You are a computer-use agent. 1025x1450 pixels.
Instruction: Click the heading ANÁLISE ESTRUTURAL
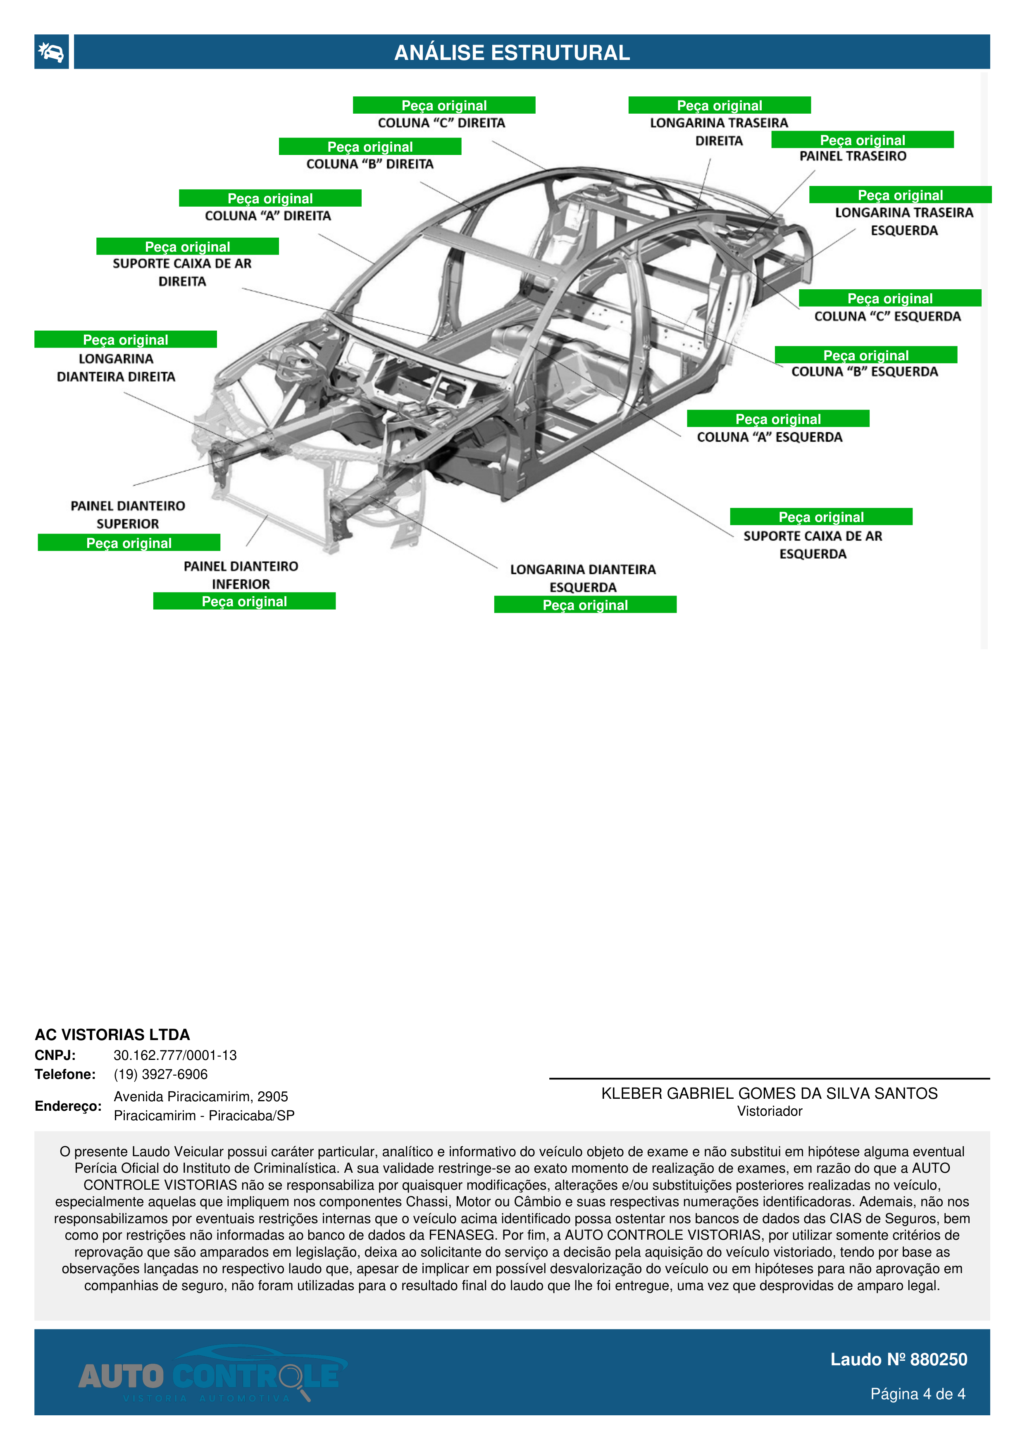(x=512, y=52)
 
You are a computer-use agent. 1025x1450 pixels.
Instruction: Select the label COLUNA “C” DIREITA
(x=441, y=123)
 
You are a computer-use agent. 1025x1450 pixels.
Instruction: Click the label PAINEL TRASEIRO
(x=853, y=156)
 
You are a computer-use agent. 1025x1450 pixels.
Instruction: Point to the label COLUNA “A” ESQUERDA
(x=769, y=437)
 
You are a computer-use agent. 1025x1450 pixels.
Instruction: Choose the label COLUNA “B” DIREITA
(x=370, y=164)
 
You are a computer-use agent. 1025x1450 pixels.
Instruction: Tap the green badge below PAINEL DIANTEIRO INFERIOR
(x=244, y=601)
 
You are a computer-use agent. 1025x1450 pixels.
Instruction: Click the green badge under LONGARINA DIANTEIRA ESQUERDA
(x=585, y=605)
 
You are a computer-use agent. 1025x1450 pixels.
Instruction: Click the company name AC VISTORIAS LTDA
(x=112, y=1034)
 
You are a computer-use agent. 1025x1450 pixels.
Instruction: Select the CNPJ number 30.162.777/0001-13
(x=175, y=1055)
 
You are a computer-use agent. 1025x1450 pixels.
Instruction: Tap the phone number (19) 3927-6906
(x=160, y=1074)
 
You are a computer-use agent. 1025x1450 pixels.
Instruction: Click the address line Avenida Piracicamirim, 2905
(x=201, y=1096)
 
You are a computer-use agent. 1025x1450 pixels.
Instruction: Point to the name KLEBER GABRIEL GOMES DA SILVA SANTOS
(x=769, y=1094)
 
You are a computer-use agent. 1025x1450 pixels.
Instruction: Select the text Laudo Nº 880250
(x=898, y=1360)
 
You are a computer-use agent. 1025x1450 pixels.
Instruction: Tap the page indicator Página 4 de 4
(x=917, y=1394)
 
